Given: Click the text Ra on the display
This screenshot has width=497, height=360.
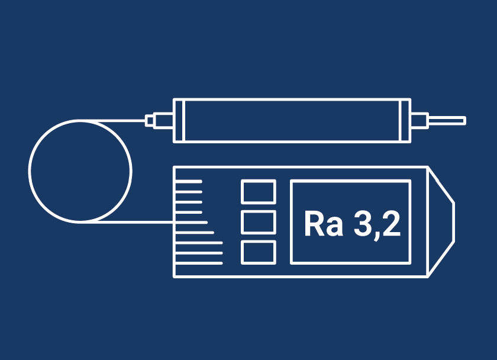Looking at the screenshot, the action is coord(324,223).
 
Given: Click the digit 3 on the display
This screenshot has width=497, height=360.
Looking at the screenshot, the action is coord(363,223).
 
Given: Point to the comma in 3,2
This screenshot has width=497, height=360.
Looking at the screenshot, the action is coord(377,235).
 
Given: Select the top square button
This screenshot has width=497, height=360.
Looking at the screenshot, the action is coord(259,191).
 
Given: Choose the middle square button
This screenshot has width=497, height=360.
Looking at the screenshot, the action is coord(259,222).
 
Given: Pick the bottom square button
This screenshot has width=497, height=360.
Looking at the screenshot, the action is coord(259,252).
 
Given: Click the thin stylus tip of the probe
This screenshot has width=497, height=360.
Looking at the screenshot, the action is coord(447,121).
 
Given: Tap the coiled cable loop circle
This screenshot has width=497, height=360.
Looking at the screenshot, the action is coord(29,171).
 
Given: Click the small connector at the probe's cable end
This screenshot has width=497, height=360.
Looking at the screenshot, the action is coord(150,121).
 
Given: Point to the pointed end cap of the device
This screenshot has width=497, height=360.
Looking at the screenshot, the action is coord(441,222).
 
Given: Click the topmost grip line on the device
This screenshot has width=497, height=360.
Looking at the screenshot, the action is coord(189,181).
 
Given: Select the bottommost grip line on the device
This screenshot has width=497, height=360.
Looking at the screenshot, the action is coord(199,263).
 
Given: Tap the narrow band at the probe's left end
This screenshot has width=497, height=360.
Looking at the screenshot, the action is coord(179,121).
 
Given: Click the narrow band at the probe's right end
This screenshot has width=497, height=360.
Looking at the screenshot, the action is coord(406,121).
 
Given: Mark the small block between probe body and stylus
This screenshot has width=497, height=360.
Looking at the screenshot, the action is coord(419,121).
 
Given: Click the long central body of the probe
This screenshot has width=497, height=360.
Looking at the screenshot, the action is coord(292,121).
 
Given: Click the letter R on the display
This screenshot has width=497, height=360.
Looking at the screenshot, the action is coord(314,224).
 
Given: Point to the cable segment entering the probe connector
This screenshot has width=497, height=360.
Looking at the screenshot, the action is coord(113,121).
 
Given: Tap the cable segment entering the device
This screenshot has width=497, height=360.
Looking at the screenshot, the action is coord(135,221).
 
